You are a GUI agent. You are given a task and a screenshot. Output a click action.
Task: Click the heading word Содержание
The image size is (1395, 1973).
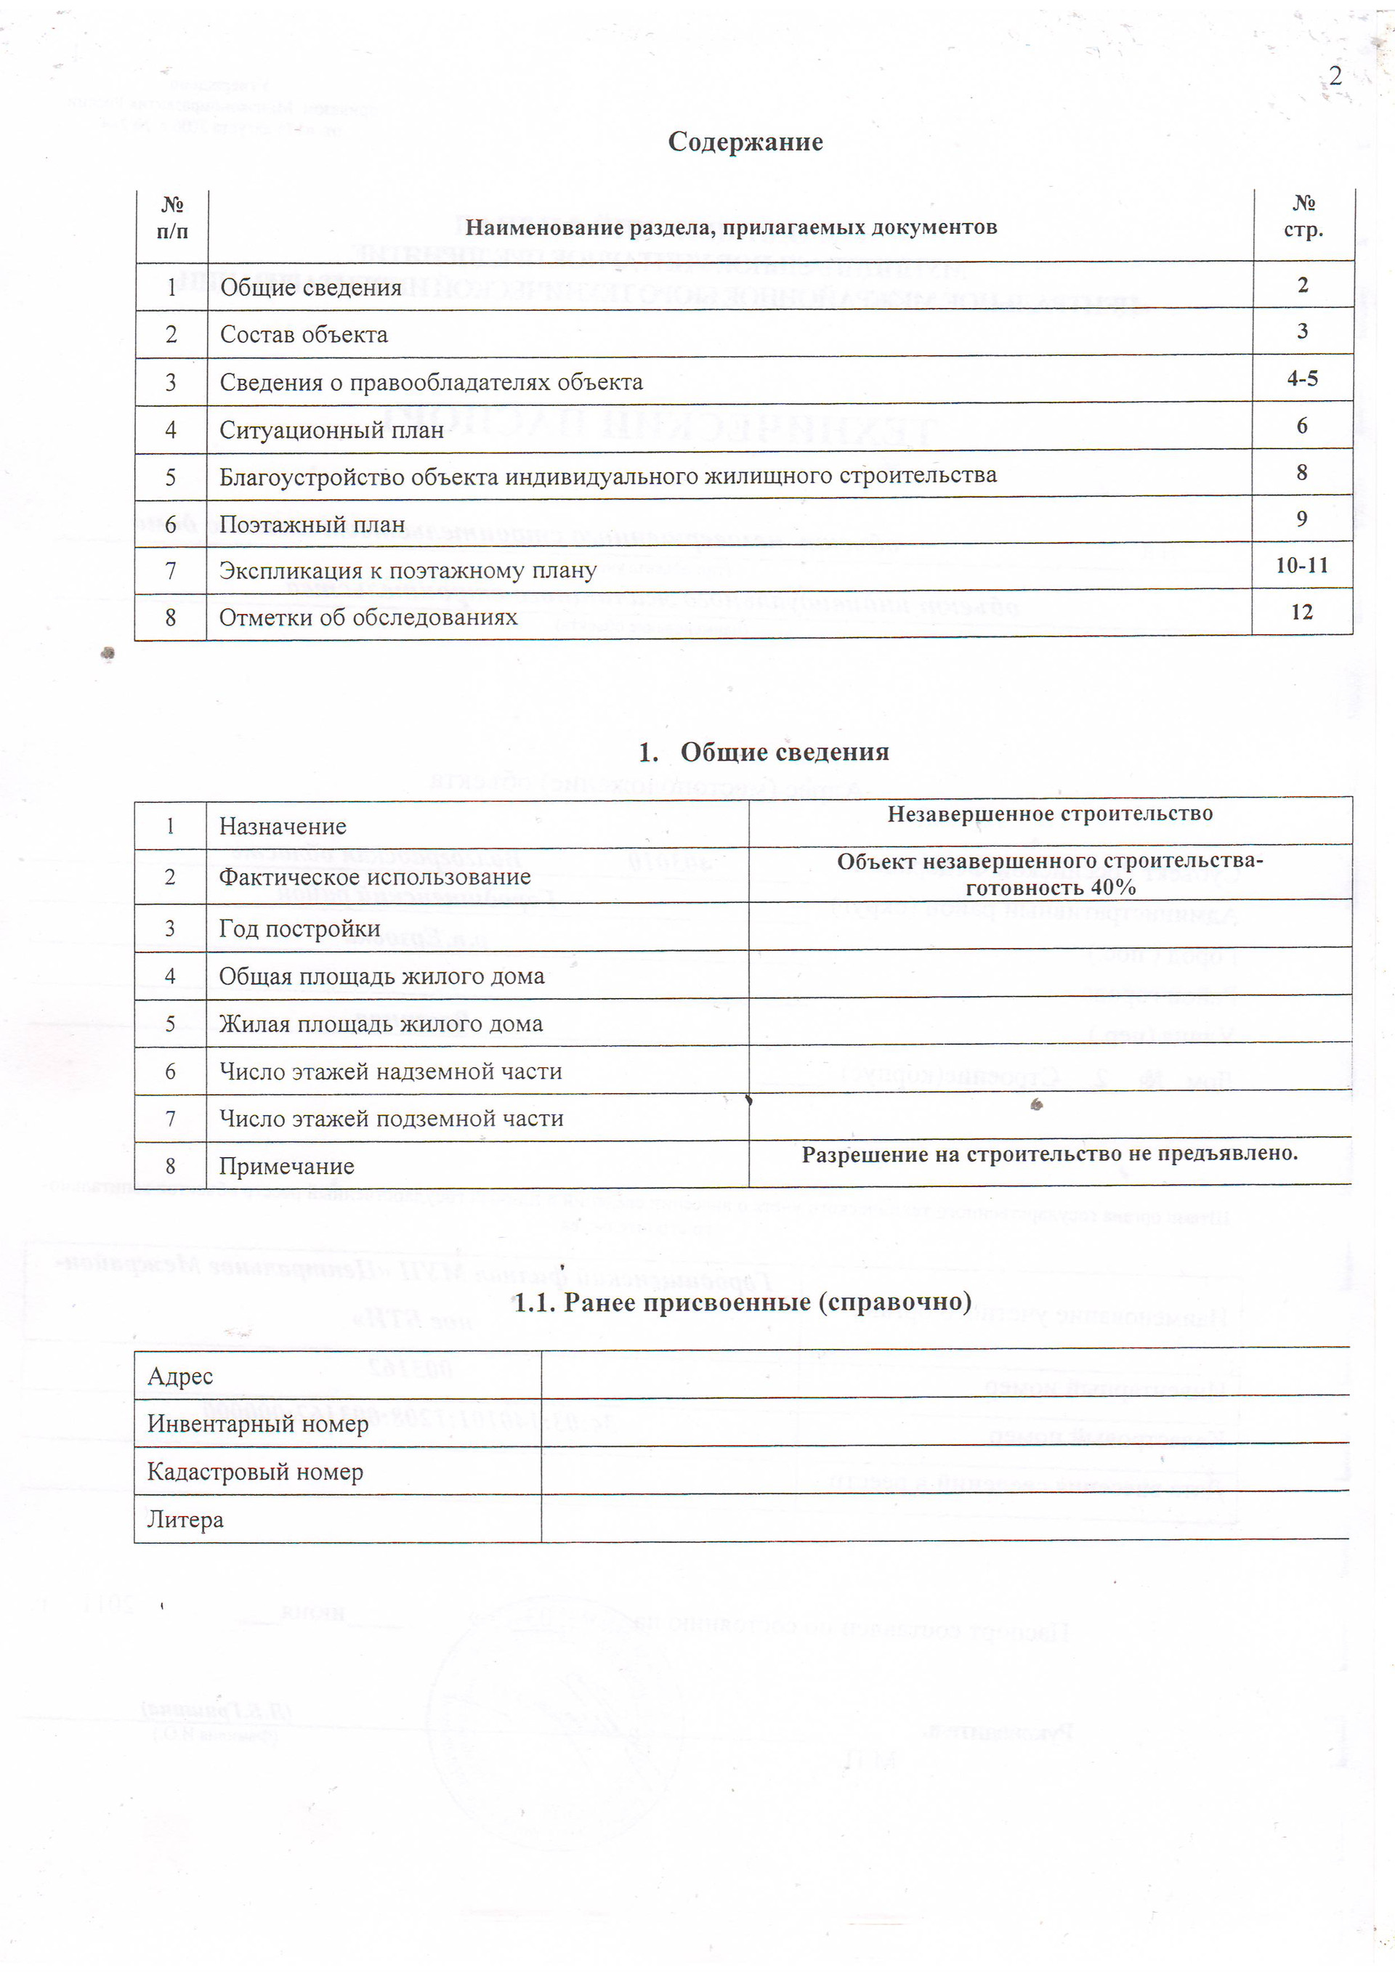(x=745, y=142)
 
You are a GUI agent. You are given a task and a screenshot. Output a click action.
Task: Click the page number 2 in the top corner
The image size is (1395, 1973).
(x=1335, y=76)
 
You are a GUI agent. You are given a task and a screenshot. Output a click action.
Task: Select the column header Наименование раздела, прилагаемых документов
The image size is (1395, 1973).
(x=731, y=227)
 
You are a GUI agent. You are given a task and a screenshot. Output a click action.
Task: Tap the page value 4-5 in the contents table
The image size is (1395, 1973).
(x=1302, y=379)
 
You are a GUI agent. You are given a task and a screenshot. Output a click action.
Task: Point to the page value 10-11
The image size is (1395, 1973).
(x=1301, y=565)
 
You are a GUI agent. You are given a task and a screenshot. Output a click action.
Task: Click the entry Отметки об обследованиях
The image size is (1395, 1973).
(x=368, y=618)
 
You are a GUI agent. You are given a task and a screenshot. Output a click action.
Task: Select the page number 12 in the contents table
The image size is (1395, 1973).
(x=1301, y=612)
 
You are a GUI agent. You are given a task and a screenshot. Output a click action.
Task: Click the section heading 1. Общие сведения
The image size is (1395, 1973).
(x=763, y=752)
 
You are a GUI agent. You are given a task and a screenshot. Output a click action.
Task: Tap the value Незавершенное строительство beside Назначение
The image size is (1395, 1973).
(x=1049, y=814)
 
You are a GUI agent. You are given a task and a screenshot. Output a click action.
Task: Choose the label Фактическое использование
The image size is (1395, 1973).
(x=375, y=878)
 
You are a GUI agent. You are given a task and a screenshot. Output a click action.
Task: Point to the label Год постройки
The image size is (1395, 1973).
(x=299, y=929)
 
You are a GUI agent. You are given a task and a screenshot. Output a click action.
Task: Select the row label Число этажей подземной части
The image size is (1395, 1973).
(x=391, y=1119)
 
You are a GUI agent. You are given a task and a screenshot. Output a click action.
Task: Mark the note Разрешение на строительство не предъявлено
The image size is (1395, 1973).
(x=1049, y=1154)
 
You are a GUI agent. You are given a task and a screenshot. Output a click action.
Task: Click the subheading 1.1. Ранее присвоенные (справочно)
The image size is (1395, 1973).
(x=742, y=1302)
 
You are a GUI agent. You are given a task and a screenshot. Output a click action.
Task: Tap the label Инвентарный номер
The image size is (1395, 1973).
(x=258, y=1424)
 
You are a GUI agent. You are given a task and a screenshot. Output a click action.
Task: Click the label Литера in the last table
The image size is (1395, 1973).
(x=186, y=1520)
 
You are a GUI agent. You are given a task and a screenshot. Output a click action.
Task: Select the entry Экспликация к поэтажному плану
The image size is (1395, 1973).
(x=408, y=570)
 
